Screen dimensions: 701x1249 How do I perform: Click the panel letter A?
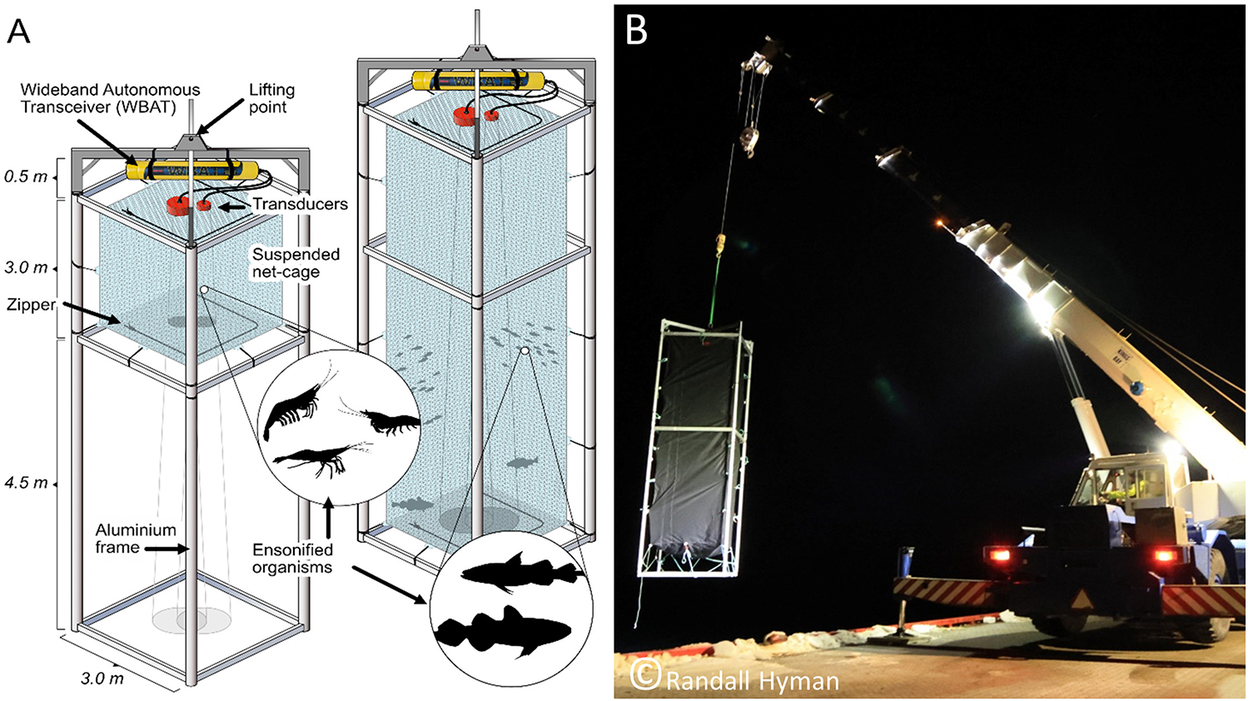[18, 31]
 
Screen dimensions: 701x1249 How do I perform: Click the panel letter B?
[636, 31]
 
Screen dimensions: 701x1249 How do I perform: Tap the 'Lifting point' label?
[271, 98]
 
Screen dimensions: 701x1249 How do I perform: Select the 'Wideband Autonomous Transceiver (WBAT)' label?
[110, 98]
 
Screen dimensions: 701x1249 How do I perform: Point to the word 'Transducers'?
[300, 204]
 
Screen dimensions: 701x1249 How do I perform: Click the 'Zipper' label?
[31, 305]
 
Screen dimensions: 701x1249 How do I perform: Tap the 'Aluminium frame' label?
[135, 539]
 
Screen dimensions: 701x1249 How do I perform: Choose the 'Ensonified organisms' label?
[292, 559]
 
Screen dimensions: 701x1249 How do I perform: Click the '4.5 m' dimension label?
[26, 483]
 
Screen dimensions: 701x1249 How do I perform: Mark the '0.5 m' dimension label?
[26, 176]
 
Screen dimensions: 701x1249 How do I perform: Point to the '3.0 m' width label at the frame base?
[102, 679]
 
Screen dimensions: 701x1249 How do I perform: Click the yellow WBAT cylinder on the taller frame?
[478, 81]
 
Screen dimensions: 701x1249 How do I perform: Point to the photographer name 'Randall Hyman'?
[752, 681]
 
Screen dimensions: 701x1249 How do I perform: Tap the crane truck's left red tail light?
[997, 555]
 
